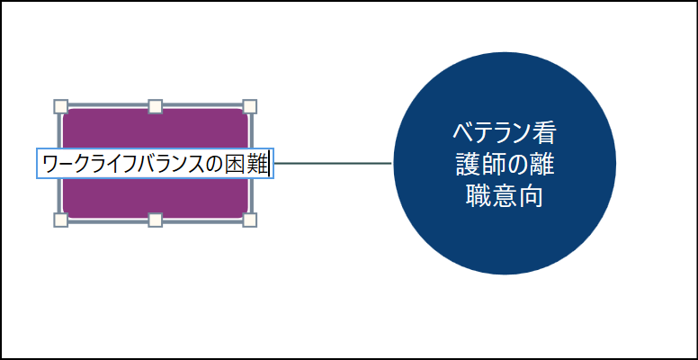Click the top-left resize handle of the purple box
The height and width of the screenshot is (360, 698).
pos(60,106)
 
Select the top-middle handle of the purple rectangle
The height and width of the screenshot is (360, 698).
pos(155,106)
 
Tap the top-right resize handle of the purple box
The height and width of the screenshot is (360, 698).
pos(250,106)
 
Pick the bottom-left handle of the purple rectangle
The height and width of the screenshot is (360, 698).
pos(60,220)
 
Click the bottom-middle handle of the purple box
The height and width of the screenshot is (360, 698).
pos(155,220)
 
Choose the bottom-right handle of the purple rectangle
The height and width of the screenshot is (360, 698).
pos(250,220)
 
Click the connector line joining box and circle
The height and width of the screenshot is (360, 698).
pos(333,164)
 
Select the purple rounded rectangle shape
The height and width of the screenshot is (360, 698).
pos(155,198)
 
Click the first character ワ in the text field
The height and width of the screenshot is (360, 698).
pos(51,164)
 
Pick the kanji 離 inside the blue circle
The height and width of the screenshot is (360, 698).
pos(543,165)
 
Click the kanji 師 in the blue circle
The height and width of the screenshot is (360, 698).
pos(491,165)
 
